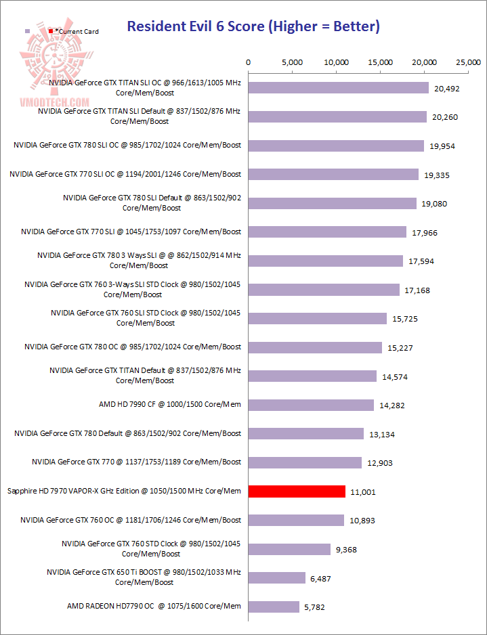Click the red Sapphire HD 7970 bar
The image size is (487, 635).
coord(297,491)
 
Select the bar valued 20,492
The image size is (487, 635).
coord(339,88)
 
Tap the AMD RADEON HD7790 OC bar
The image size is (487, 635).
coord(274,607)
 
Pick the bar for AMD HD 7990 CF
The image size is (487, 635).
coord(311,405)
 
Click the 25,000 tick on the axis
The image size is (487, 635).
coord(469,62)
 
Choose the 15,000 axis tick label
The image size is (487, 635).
coord(381,62)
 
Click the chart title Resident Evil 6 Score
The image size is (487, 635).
coord(253,27)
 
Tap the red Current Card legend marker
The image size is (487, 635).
coord(51,31)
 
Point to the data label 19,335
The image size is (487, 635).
coord(437,175)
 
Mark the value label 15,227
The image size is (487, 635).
coord(400,348)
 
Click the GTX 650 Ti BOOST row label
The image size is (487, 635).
coord(144,577)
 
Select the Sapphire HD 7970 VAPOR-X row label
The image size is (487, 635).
coord(123,491)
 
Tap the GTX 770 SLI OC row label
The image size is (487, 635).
coord(125,174)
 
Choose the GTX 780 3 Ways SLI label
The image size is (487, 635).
coord(139,261)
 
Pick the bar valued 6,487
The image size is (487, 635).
coord(277,577)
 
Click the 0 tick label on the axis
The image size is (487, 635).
coord(249,62)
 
